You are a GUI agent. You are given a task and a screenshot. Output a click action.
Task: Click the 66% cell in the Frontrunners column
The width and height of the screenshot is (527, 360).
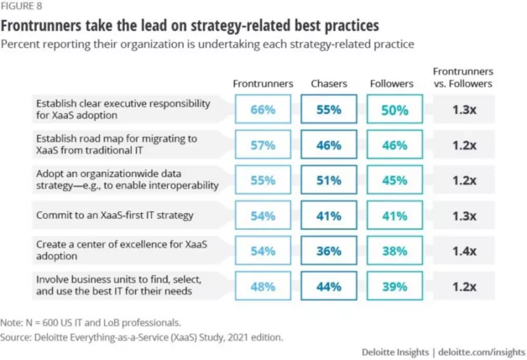pyautogui.click(x=263, y=110)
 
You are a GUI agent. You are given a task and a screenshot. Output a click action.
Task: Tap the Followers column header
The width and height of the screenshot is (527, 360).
pyautogui.click(x=392, y=84)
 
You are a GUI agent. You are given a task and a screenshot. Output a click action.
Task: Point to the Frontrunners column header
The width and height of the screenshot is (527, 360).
pyautogui.click(x=263, y=84)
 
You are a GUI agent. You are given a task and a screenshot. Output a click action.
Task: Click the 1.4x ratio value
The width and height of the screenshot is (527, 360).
pyautogui.click(x=464, y=251)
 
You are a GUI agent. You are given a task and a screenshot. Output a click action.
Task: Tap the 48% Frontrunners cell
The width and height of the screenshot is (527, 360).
pyautogui.click(x=263, y=287)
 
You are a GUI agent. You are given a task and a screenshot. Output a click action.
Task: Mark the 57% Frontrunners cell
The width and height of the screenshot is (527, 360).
pyautogui.click(x=263, y=145)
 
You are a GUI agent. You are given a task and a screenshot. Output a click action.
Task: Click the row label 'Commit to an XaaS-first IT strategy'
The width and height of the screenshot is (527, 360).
pyautogui.click(x=115, y=215)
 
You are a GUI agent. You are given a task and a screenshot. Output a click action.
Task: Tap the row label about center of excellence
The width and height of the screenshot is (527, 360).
pyautogui.click(x=113, y=251)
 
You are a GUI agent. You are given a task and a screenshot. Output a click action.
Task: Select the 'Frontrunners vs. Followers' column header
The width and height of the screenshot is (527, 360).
pyautogui.click(x=463, y=77)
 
